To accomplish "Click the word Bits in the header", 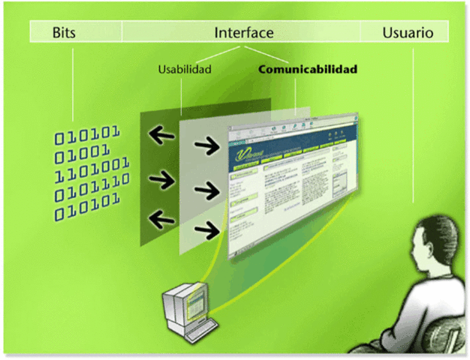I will [65, 32].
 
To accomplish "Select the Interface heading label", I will [243, 32].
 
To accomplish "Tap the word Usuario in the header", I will [407, 32].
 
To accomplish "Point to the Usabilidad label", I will [184, 70].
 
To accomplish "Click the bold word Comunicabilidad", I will [307, 70].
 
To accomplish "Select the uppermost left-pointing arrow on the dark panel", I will [161, 135].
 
